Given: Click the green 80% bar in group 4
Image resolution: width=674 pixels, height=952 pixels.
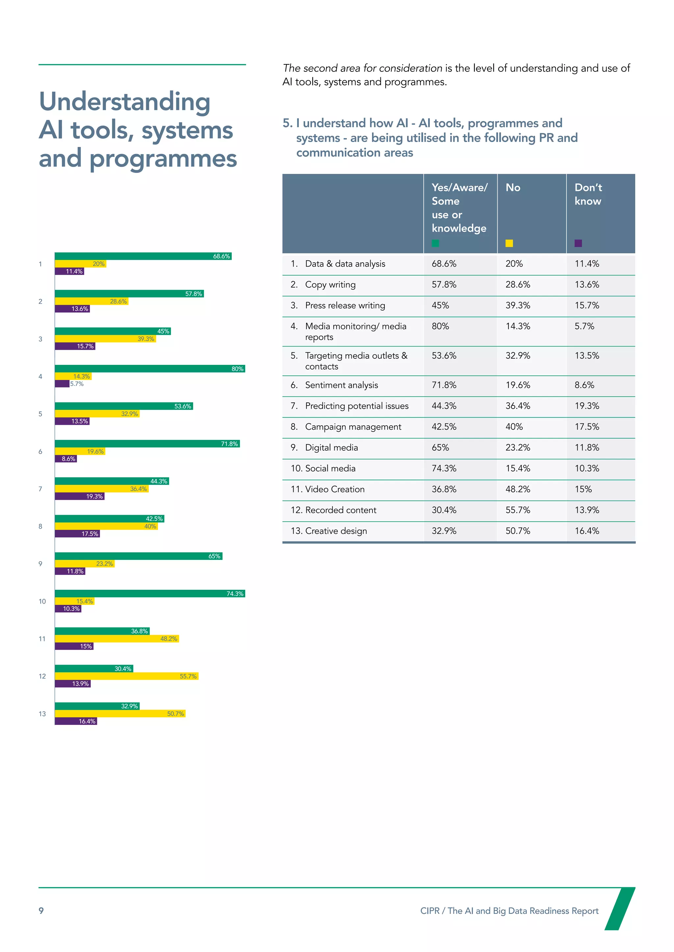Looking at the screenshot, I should click(149, 369).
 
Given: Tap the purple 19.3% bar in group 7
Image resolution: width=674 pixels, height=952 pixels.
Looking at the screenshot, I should click(79, 496).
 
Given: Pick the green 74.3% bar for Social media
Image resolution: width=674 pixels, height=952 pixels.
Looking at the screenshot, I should click(149, 593).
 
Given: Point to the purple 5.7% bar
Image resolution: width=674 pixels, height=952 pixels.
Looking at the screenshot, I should click(62, 384).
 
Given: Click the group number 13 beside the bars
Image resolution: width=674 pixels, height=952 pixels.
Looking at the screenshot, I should click(42, 714).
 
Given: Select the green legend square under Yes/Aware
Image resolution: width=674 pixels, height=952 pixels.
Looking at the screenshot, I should click(435, 243).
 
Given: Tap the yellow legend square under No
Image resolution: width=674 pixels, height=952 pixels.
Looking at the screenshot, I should click(509, 243).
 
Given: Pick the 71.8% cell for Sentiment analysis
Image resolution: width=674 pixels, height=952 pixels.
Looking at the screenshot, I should click(444, 385).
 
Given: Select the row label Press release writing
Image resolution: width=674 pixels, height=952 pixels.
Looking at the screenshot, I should click(345, 306).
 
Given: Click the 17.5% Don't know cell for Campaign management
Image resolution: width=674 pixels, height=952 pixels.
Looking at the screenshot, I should click(586, 427).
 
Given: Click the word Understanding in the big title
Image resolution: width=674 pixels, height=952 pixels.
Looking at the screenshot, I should click(124, 102).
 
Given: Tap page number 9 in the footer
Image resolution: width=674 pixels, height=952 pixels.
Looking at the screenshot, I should click(41, 911).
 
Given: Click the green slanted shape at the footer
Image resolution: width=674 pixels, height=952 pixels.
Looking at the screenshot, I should click(619, 909).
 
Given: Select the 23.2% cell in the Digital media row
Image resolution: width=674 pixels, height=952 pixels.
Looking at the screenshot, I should click(518, 447).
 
